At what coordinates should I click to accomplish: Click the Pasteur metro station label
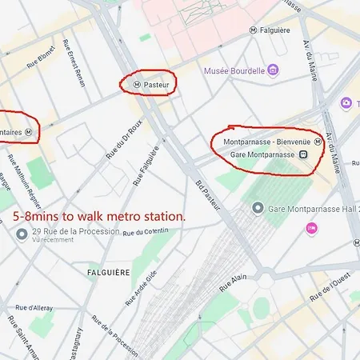[155, 82]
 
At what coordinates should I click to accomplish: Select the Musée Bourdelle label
[234, 70]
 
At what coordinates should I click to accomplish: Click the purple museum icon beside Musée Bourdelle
[273, 70]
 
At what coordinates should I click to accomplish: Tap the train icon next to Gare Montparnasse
[304, 154]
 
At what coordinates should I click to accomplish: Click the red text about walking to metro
[100, 216]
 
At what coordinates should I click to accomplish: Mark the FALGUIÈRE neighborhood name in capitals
[108, 272]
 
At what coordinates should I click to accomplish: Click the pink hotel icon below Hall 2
[311, 229]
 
